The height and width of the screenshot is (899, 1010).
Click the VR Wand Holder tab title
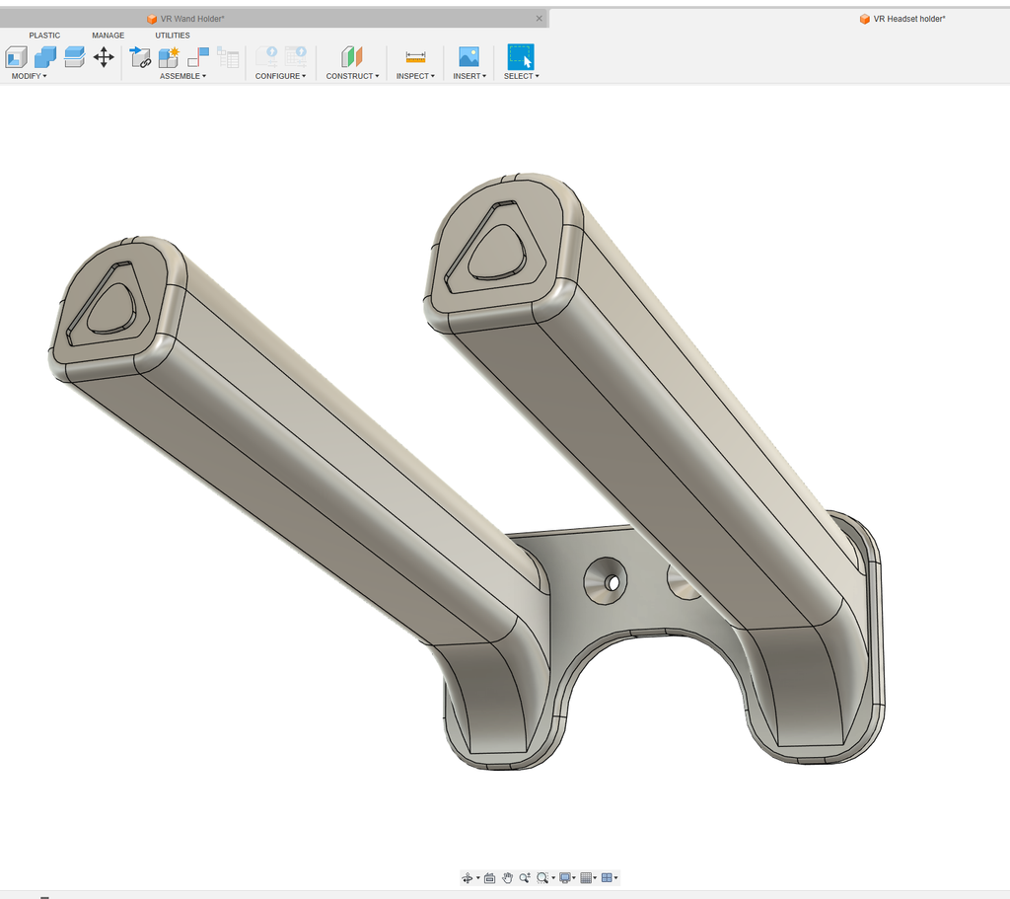pos(192,19)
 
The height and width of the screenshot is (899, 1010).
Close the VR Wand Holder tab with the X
pos(540,19)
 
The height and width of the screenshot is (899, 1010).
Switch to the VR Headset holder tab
pos(908,19)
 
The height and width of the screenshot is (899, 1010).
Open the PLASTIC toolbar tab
pos(44,36)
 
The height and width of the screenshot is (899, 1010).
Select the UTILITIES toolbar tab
pos(172,36)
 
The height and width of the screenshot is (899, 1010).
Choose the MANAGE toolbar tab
pos(108,36)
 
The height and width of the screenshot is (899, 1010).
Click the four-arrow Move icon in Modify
pos(104,57)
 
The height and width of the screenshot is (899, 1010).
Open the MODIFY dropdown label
pos(29,76)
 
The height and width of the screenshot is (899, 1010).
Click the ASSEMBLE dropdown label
pos(182,76)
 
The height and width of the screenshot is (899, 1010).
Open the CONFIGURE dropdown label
pos(280,76)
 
